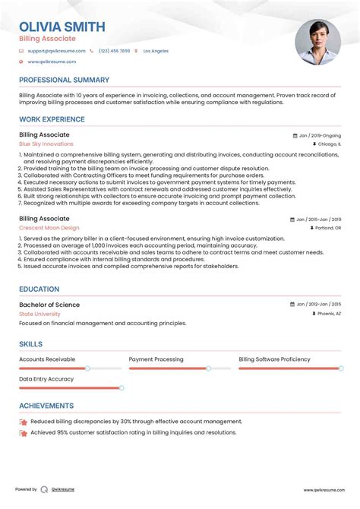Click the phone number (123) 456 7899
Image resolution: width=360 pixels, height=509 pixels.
pos(114,51)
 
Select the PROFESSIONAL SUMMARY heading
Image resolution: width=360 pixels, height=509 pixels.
pos(64,80)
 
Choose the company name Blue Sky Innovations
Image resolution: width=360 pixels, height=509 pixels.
pos(46,144)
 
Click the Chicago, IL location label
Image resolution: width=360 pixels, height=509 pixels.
pos(329,144)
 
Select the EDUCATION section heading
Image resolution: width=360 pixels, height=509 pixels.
pos(39,289)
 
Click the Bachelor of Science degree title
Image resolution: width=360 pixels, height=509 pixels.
pos(49,305)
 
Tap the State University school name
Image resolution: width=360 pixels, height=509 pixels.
pos(39,313)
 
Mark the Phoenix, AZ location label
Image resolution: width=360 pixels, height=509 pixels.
pos(329,313)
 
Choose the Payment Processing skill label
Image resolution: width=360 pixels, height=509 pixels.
pos(156,359)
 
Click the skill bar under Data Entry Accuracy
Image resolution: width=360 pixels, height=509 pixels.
pos(70,387)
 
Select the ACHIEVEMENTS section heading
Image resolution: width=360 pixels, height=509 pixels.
pos(46,406)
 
